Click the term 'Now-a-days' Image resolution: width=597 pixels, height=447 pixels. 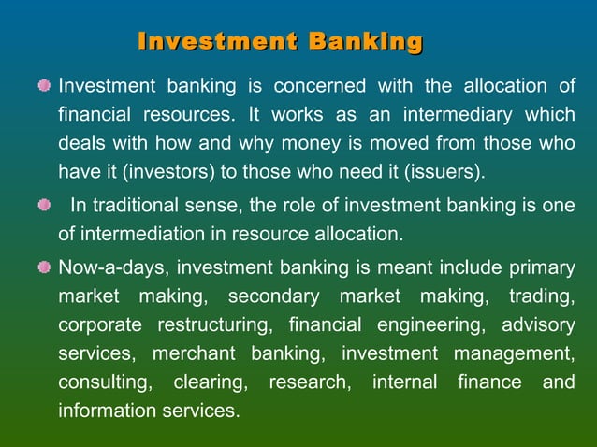(111, 268)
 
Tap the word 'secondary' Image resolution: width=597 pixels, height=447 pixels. (271, 297)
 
